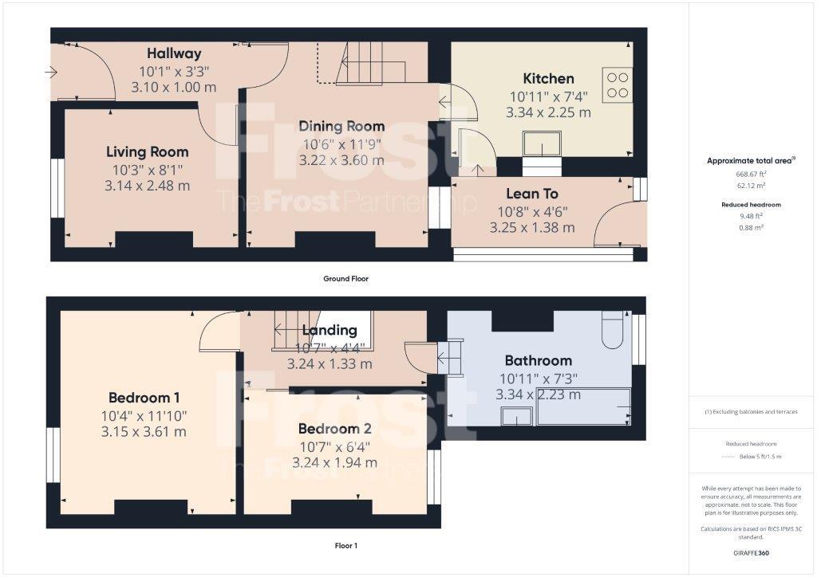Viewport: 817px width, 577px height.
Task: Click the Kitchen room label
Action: [548, 78]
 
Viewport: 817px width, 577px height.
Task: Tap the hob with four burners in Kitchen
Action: [617, 84]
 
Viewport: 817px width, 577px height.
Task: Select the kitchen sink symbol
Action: [542, 145]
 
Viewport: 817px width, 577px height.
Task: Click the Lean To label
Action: [531, 194]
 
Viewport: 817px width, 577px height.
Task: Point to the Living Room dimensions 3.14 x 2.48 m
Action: [148, 186]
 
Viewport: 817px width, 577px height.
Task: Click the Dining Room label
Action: [341, 126]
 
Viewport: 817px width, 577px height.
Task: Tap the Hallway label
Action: [174, 53]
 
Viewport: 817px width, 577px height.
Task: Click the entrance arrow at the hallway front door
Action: [52, 73]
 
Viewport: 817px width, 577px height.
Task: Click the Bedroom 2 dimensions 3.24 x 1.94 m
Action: [335, 462]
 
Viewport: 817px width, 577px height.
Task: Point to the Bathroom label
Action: [539, 360]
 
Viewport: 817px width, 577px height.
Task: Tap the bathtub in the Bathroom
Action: [584, 406]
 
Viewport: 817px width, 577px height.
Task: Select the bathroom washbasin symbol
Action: [517, 415]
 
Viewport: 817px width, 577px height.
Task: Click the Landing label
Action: [330, 330]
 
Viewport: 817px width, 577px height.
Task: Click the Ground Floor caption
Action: [345, 279]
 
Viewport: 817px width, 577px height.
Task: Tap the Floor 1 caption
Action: [345, 546]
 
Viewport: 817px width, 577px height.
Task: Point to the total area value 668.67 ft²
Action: [752, 174]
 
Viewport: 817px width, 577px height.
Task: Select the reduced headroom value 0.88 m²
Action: [752, 227]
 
